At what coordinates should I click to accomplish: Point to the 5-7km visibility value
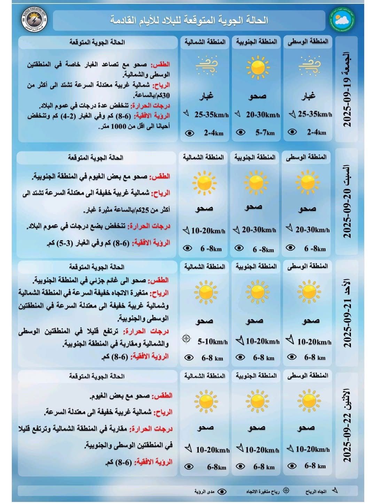265,132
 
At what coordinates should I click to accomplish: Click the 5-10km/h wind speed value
212,342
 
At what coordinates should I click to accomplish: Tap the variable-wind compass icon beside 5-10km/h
186,338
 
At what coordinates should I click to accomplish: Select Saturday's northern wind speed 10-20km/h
208,230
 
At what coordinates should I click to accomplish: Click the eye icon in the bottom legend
222,491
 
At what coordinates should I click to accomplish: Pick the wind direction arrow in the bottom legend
334,490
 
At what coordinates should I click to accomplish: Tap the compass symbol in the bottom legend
286,491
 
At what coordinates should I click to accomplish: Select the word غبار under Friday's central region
308,96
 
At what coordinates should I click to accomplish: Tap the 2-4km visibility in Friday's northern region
214,133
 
